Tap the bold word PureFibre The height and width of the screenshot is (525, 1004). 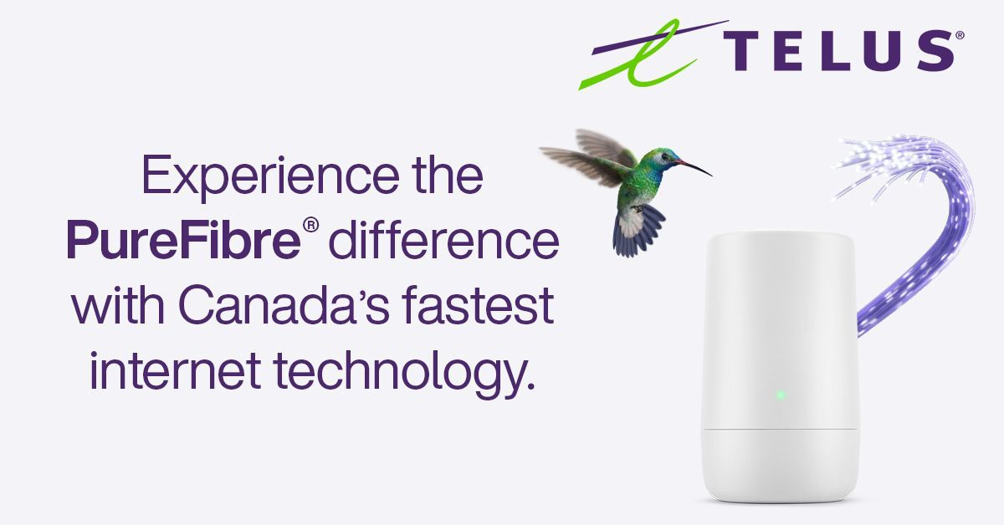pyautogui.click(x=184, y=240)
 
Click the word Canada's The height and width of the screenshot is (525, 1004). pyautogui.click(x=284, y=305)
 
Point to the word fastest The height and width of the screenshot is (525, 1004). pyautogui.click(x=479, y=304)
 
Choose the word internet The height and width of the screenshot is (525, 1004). pyautogui.click(x=175, y=370)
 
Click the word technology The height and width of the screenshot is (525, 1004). pyautogui.click(x=404, y=373)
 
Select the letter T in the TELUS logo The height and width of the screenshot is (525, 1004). pyautogui.click(x=742, y=51)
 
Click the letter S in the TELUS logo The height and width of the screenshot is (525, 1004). pyautogui.click(x=935, y=51)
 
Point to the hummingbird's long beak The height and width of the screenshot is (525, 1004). pyautogui.click(x=694, y=167)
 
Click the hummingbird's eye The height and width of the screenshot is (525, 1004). pyautogui.click(x=664, y=156)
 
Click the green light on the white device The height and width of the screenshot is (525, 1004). pyautogui.click(x=781, y=395)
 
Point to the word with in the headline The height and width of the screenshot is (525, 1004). pyautogui.click(x=118, y=304)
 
